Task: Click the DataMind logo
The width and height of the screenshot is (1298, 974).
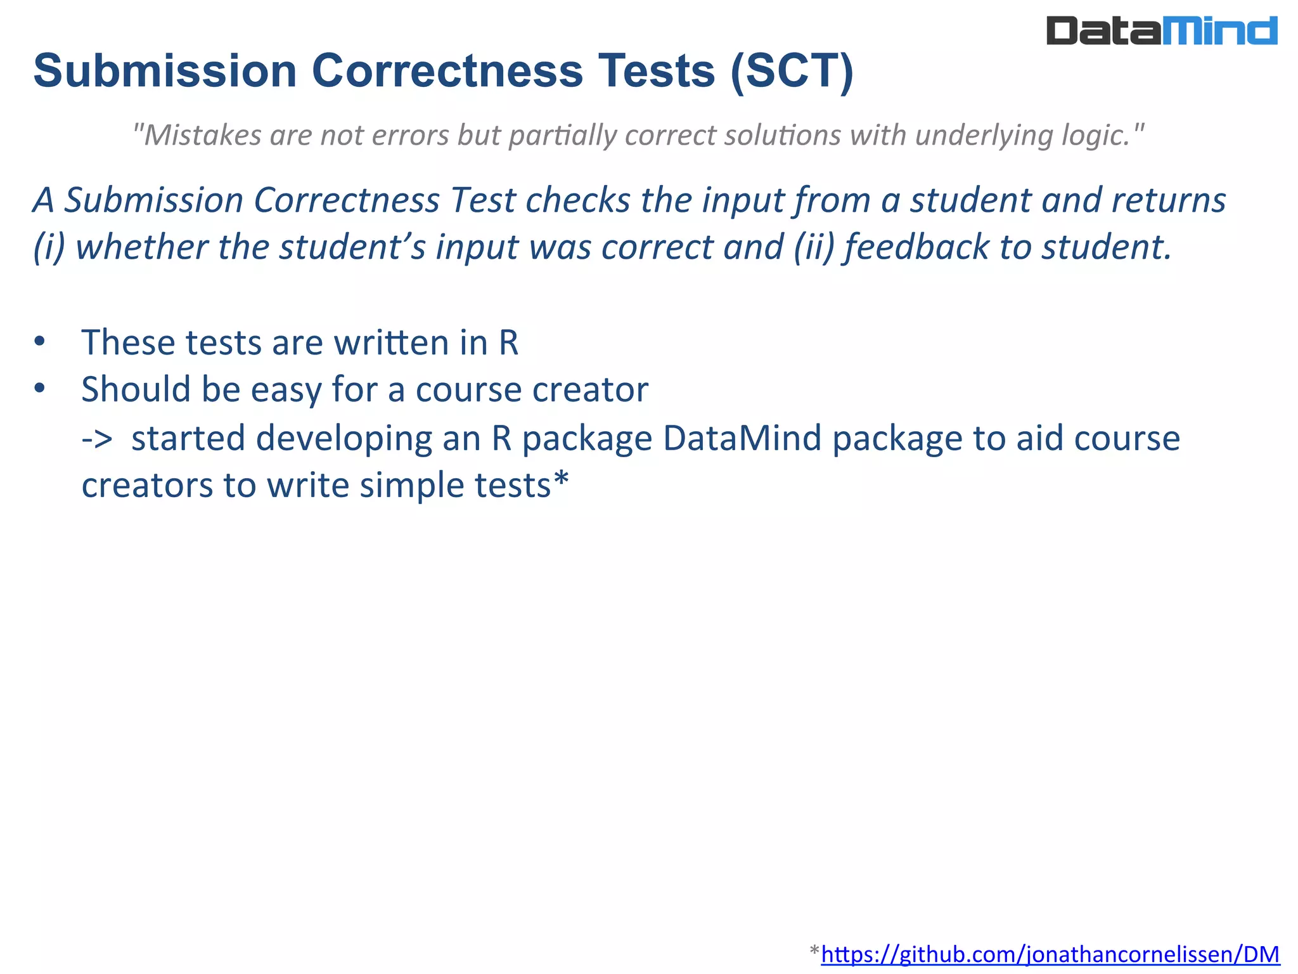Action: click(1161, 31)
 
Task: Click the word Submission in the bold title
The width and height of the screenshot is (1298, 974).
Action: click(165, 70)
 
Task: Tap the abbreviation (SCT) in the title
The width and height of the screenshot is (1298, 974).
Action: click(792, 70)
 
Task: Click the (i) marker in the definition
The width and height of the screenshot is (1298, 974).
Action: click(49, 247)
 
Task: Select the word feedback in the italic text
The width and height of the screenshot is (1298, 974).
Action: click(916, 247)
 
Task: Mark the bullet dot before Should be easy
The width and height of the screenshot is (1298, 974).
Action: click(40, 388)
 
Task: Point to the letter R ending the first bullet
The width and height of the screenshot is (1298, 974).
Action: click(508, 343)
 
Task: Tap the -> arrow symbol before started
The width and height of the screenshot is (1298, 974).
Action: click(97, 438)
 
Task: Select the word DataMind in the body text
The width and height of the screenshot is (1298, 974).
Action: click(742, 438)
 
